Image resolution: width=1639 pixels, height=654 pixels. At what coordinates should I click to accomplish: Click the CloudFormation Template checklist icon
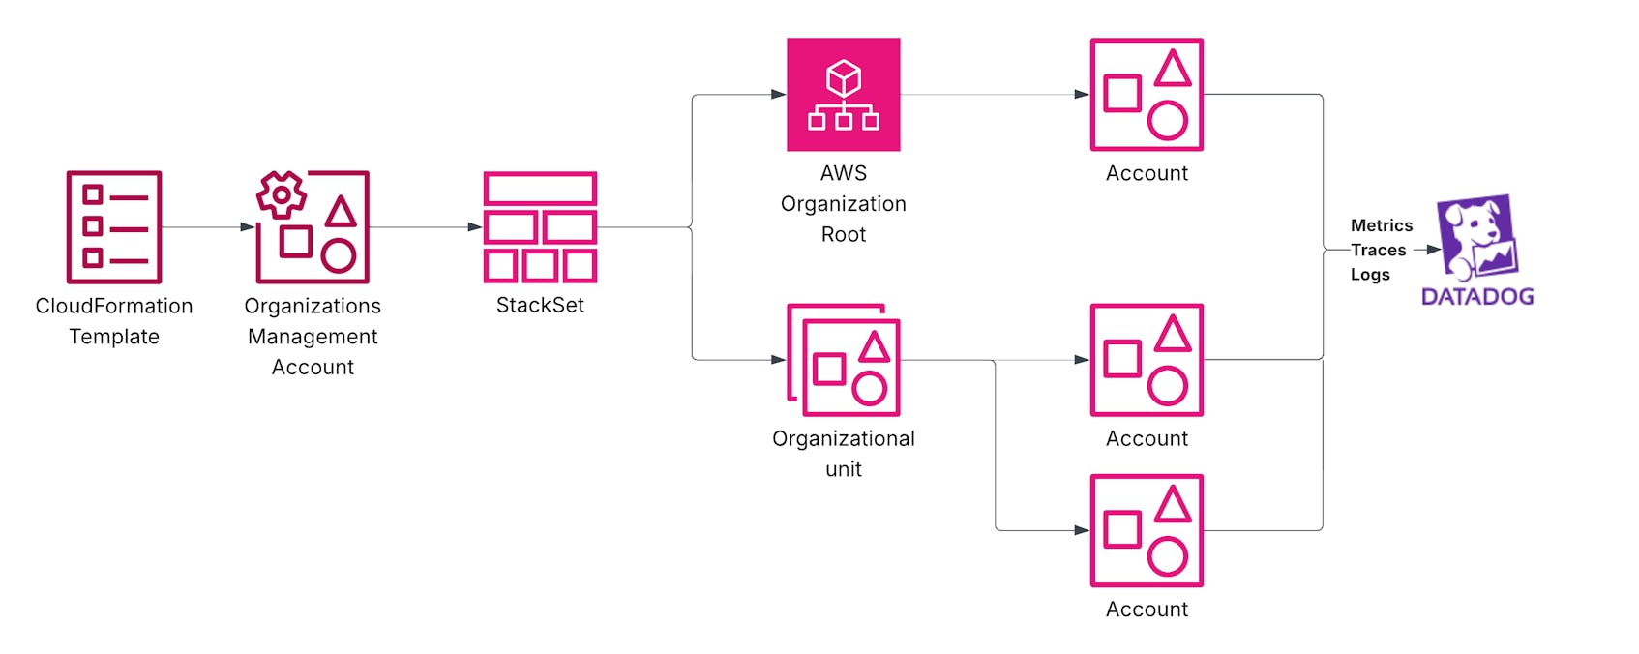(113, 227)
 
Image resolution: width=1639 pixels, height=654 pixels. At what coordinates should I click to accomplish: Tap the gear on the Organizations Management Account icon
(282, 195)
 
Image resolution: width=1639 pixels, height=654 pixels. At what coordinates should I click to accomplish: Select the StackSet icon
(540, 227)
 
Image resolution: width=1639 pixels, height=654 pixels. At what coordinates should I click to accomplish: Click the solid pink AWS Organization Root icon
(843, 95)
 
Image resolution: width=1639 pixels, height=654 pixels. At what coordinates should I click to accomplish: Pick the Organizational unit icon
(844, 360)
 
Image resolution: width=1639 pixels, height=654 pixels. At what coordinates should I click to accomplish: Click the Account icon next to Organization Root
(1147, 95)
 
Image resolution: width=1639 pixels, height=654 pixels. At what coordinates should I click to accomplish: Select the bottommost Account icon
(1147, 530)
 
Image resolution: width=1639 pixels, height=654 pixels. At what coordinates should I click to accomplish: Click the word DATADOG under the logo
(1477, 297)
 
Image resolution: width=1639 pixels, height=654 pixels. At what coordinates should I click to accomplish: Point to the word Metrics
(1381, 225)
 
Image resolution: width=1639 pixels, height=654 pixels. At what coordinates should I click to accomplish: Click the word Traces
(1379, 251)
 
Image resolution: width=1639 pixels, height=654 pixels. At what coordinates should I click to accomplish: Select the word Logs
(1369, 275)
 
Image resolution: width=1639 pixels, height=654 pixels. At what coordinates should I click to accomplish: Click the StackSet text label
(540, 305)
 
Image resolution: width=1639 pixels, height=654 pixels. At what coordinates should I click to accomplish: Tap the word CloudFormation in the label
(113, 306)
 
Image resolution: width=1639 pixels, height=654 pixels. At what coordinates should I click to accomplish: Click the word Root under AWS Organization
(843, 234)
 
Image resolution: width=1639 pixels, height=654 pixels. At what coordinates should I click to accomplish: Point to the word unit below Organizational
(843, 469)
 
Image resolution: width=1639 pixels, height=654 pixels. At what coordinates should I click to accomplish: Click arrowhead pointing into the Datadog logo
(1434, 250)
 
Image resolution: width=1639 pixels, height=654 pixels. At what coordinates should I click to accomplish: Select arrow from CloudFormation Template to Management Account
(208, 227)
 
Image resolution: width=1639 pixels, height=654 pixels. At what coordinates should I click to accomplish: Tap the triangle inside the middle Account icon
(1173, 335)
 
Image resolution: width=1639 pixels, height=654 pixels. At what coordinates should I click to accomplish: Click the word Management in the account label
(313, 337)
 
